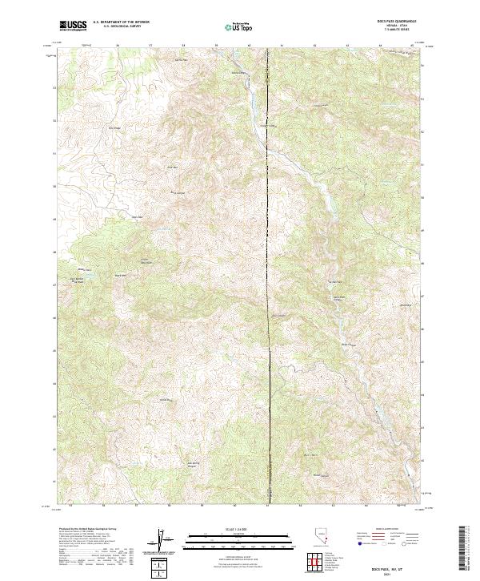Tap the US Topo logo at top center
coord(239,26)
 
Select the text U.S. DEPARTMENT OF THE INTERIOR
coord(120,22)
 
